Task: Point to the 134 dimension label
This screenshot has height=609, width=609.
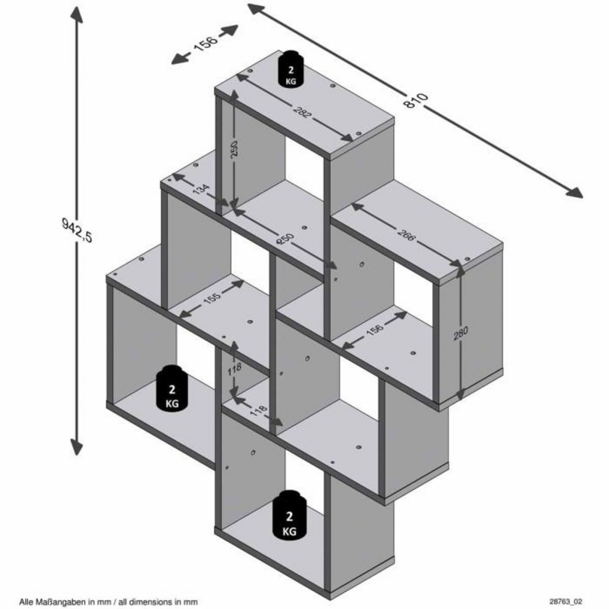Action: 201,191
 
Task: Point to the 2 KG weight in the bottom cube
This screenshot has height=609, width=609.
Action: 289,515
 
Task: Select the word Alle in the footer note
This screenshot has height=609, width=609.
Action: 26,602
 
